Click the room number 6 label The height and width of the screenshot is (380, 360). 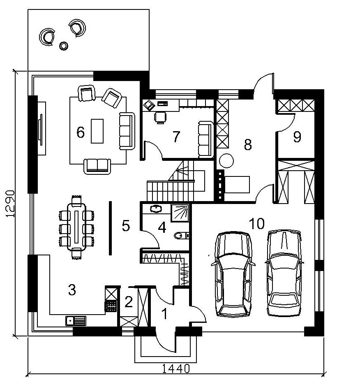(x=81, y=132)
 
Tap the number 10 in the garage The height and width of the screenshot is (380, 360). (x=256, y=223)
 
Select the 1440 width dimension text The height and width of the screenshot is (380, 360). (x=176, y=369)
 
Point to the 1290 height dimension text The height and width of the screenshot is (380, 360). (x=10, y=203)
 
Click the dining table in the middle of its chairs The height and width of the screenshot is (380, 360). (x=77, y=227)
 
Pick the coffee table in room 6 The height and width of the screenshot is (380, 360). (x=97, y=131)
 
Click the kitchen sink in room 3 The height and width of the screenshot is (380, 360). (x=76, y=321)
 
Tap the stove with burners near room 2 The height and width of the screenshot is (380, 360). (x=111, y=306)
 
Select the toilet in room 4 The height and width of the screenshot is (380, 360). (x=181, y=235)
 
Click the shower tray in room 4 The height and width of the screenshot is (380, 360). (x=180, y=213)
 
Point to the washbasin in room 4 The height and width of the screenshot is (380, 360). (x=156, y=209)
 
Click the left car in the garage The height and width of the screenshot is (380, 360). (x=233, y=274)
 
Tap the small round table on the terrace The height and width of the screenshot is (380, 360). (x=64, y=46)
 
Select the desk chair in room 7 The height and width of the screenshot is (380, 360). (x=160, y=118)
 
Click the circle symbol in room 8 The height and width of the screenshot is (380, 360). (x=226, y=161)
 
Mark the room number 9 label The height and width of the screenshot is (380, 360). (x=297, y=137)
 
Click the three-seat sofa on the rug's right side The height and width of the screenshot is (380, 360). (x=127, y=131)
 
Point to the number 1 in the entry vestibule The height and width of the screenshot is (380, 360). (x=165, y=314)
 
